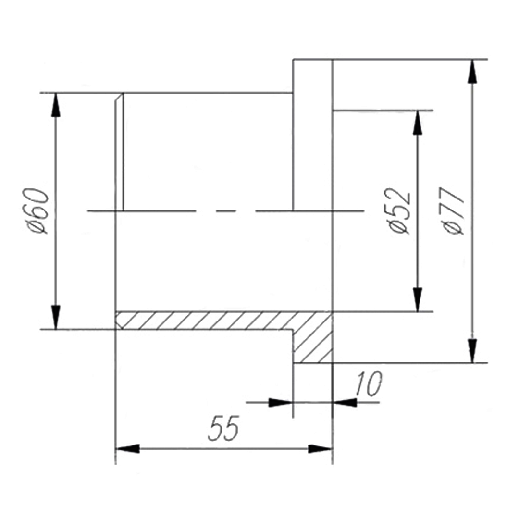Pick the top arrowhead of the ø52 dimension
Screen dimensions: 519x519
tap(418, 123)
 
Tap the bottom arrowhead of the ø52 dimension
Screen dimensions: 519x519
tap(418, 300)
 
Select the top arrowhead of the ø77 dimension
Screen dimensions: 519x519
tap(473, 71)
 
